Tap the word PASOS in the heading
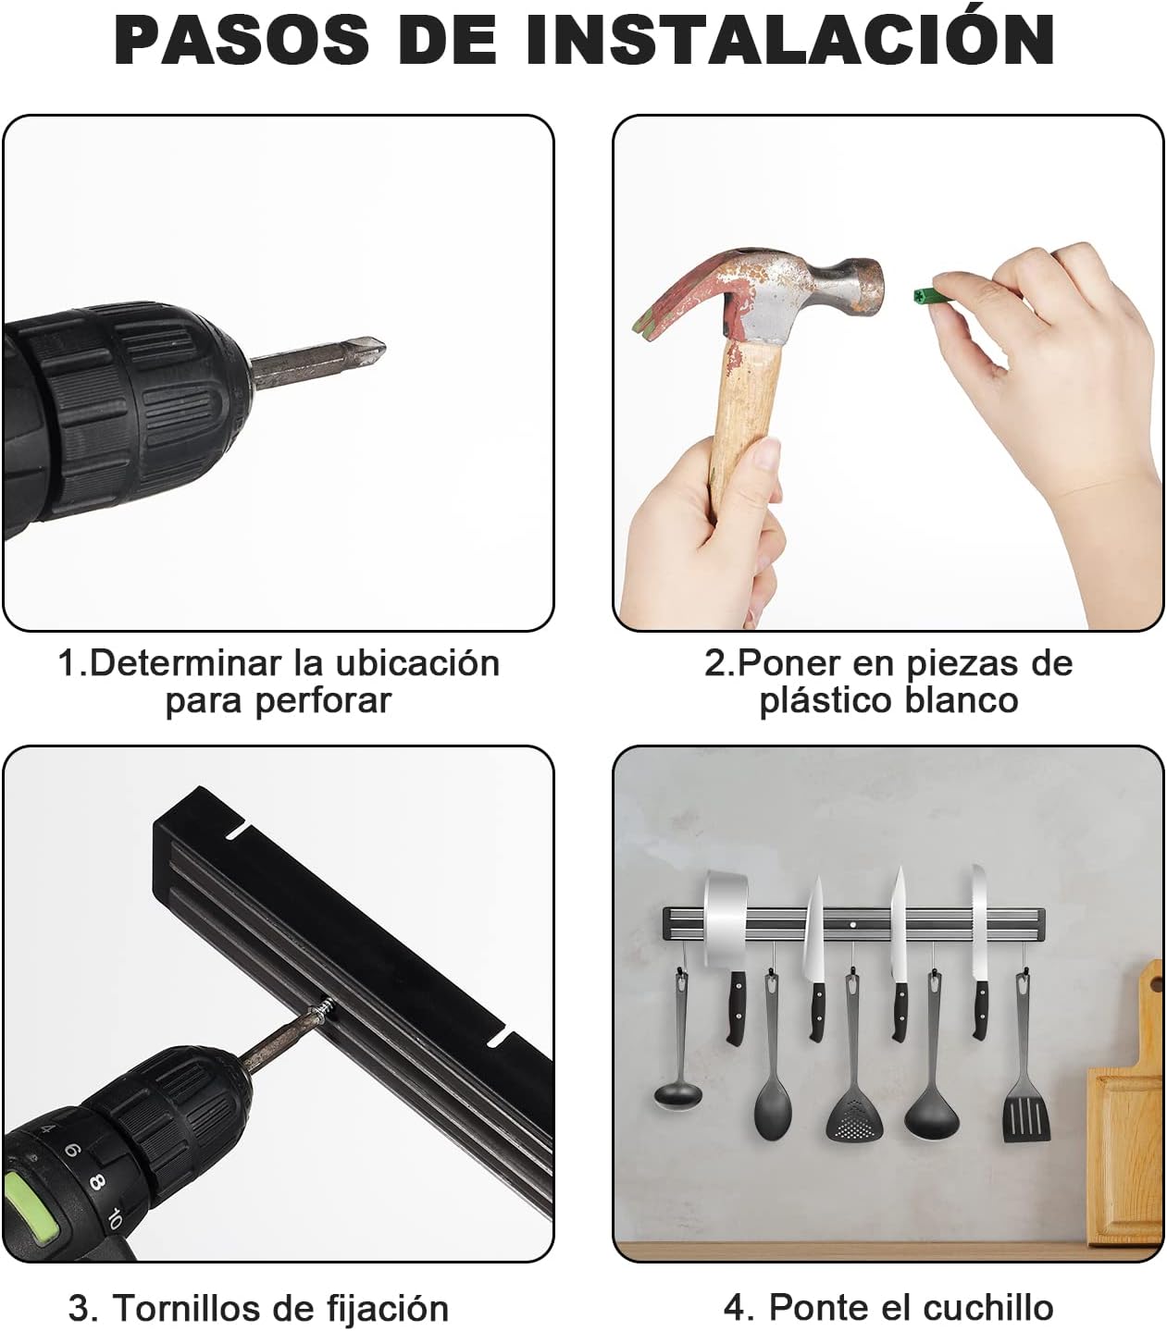click(242, 40)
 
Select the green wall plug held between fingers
click(928, 296)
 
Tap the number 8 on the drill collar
click(96, 1182)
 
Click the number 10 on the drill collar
click(113, 1219)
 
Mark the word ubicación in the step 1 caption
click(417, 663)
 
